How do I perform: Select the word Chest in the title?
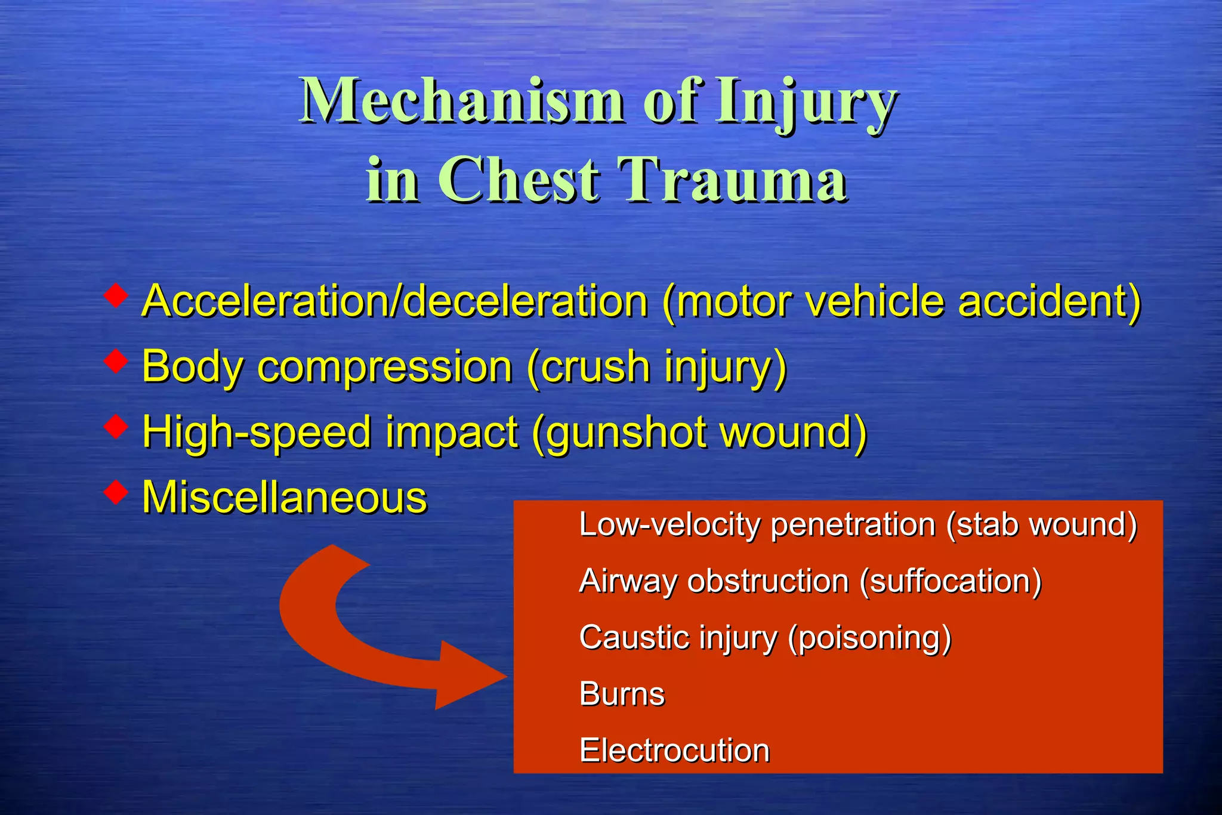click(519, 179)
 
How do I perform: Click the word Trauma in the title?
click(733, 179)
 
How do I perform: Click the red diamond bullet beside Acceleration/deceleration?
click(115, 295)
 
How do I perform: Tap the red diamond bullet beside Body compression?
click(115, 361)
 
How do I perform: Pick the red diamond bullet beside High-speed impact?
click(115, 426)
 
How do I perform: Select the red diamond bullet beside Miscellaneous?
click(115, 492)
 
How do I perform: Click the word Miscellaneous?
click(285, 497)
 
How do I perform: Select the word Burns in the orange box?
click(622, 694)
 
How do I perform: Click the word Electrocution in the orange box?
click(674, 751)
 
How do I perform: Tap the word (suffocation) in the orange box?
click(951, 581)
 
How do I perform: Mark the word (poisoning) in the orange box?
click(869, 638)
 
